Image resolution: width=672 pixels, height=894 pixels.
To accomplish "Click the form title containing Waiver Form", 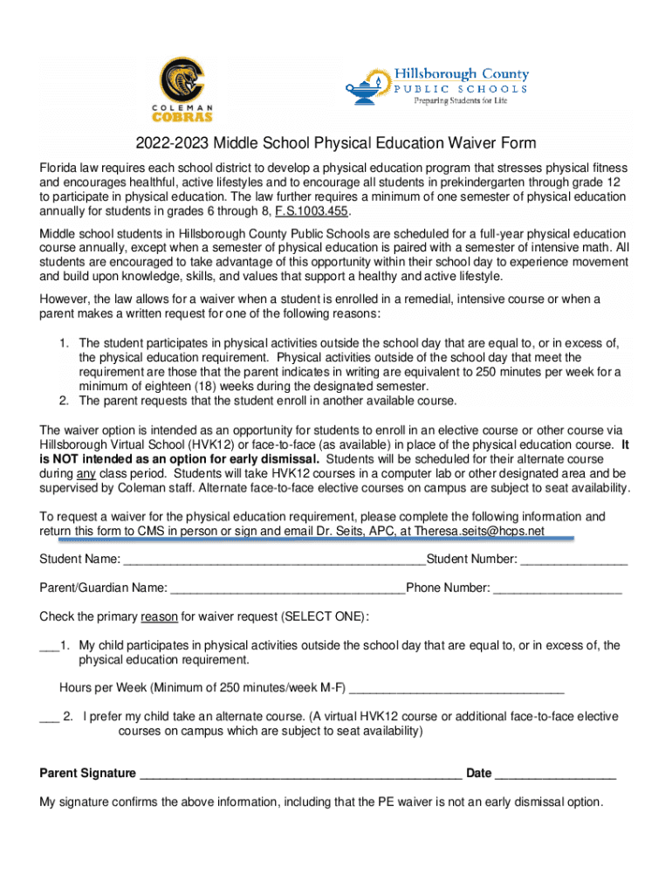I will coord(335,143).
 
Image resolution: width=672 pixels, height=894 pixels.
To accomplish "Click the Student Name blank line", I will coord(274,560).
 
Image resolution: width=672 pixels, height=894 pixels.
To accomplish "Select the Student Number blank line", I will coord(574,560).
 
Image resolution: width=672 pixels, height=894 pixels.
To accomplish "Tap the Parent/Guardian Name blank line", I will coord(288,588).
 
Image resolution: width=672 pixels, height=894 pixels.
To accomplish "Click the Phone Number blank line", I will coord(558,588).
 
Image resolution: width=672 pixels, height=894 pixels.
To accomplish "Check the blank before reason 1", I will coord(48,646).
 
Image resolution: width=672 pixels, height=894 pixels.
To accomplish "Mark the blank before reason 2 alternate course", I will coord(49,718).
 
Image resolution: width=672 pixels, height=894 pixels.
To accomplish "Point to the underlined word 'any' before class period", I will coord(86,473).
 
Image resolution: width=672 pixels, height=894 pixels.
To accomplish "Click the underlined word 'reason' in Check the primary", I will coord(159,617).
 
